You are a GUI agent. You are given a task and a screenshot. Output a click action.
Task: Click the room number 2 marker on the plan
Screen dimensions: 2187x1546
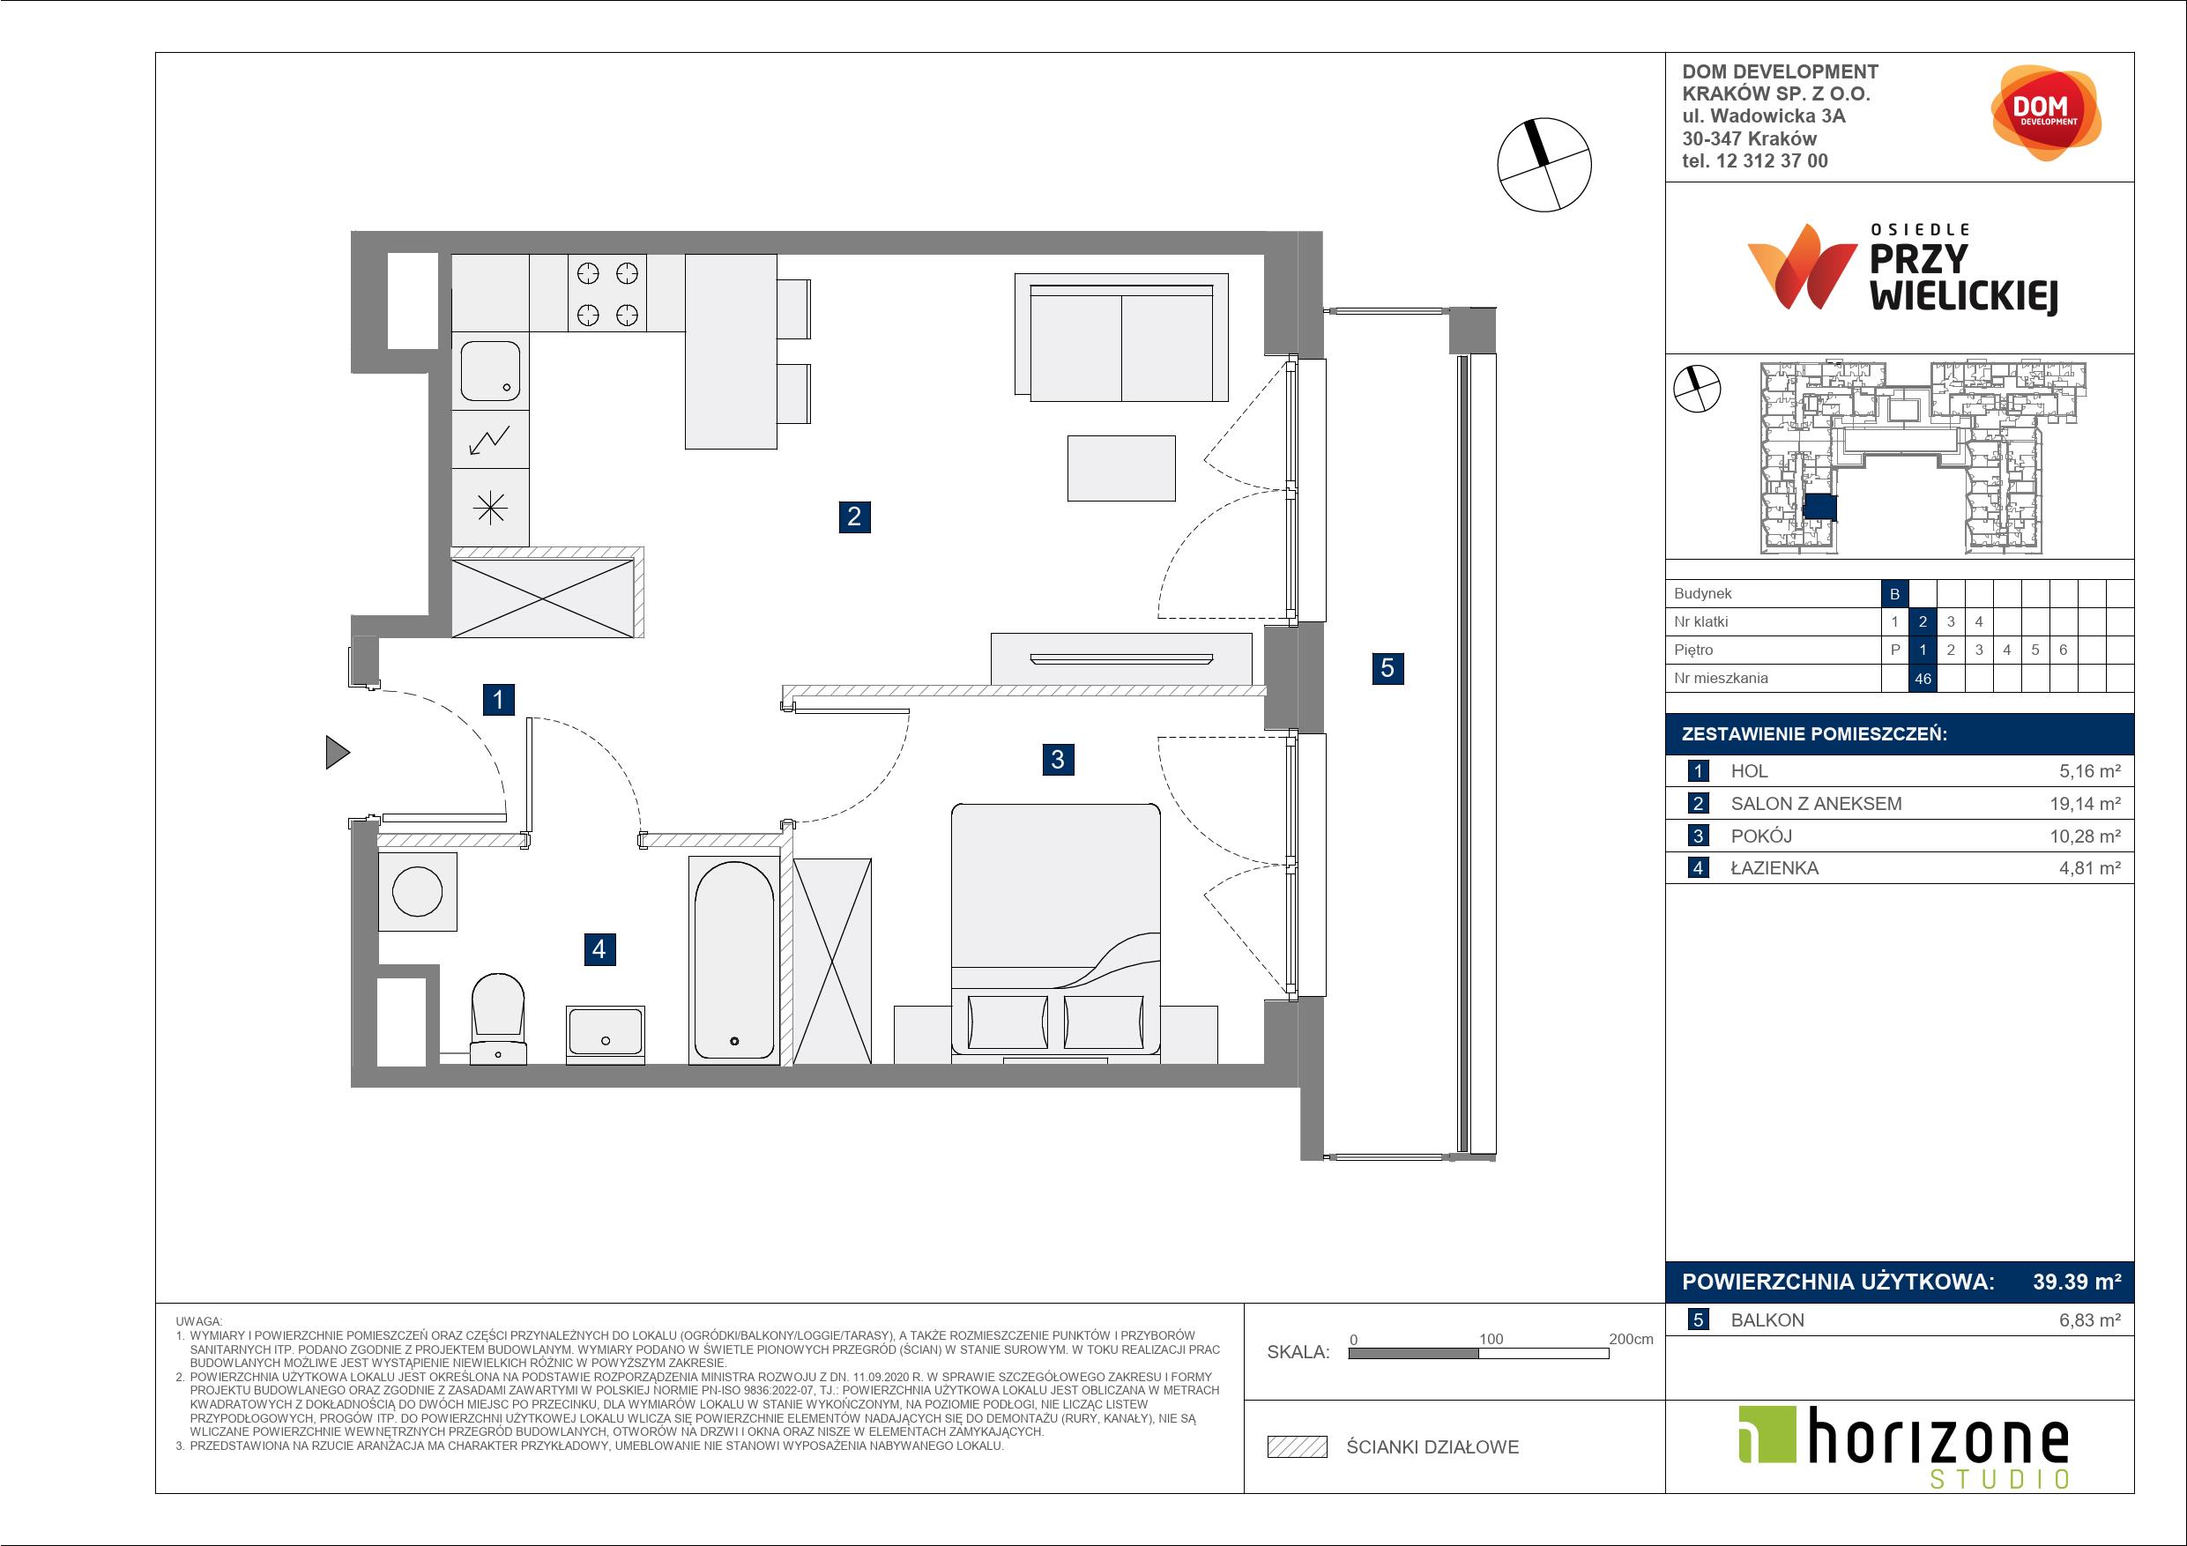(854, 517)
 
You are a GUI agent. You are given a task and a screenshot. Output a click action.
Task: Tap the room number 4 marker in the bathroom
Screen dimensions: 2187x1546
(599, 948)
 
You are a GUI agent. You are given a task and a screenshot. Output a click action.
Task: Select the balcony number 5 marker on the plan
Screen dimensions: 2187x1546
(1387, 668)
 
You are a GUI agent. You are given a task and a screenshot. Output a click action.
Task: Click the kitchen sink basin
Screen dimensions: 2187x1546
(490, 371)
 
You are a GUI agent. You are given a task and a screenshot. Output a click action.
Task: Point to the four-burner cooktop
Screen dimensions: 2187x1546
(606, 294)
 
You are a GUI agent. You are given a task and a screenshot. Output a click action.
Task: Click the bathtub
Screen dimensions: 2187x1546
(733, 959)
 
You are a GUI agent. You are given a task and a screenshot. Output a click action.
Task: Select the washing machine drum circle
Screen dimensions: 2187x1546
(417, 893)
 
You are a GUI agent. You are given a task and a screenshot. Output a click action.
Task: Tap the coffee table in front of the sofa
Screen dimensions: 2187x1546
(1121, 468)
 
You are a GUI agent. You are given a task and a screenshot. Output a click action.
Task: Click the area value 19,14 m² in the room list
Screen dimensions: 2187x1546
(2085, 804)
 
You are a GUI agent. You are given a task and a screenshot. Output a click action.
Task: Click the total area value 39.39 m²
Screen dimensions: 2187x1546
(2077, 1282)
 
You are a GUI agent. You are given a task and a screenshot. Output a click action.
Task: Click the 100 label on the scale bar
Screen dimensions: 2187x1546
(1491, 1339)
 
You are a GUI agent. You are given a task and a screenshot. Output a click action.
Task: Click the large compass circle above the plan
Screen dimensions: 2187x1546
(1544, 164)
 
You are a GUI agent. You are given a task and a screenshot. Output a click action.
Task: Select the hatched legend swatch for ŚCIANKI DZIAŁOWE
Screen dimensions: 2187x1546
(1298, 1447)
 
